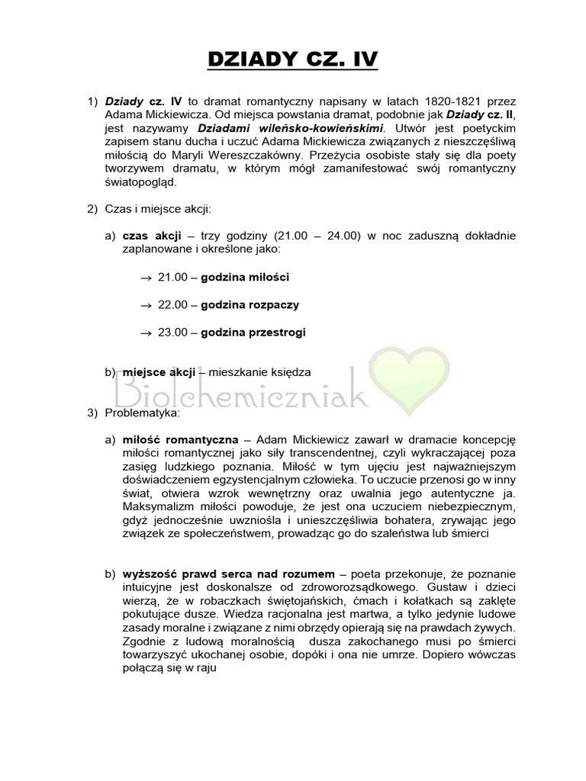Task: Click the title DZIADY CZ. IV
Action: pyautogui.click(x=293, y=59)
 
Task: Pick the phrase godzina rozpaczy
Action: pyautogui.click(x=250, y=304)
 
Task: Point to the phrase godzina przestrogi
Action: pyautogui.click(x=254, y=332)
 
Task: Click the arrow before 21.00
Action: pyautogui.click(x=146, y=278)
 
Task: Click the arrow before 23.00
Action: pyautogui.click(x=146, y=333)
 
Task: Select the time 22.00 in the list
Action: pyautogui.click(x=172, y=304)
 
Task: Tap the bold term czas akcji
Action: pyautogui.click(x=147, y=236)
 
